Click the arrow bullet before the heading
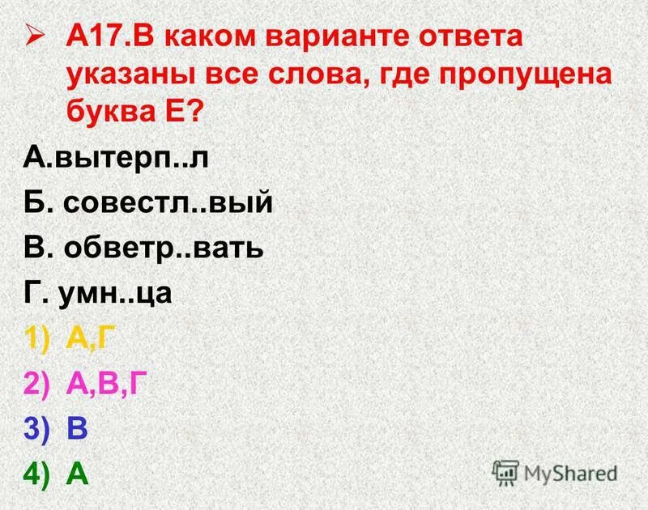(33, 36)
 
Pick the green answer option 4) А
(57, 473)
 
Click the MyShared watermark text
(570, 473)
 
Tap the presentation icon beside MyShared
(505, 473)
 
